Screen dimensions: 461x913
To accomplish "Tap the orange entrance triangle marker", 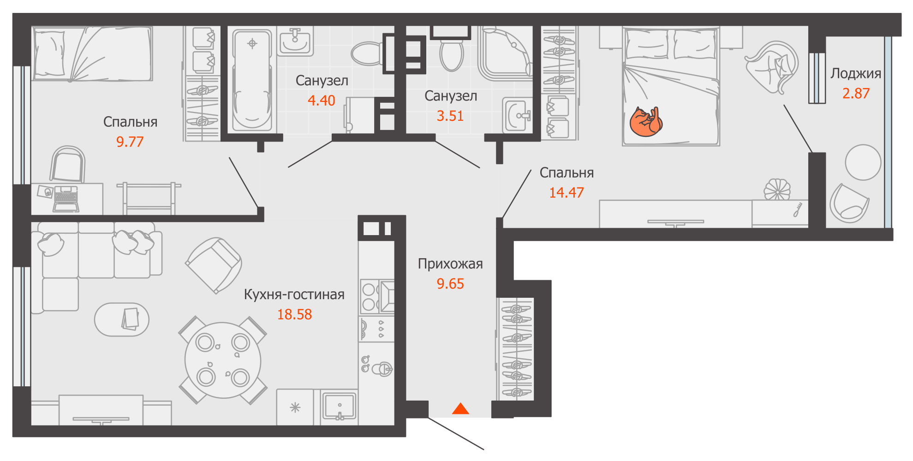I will [460, 409].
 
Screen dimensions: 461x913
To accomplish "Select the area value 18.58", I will [294, 314].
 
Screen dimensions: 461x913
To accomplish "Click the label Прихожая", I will [450, 264].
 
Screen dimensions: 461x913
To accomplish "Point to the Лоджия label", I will [855, 73].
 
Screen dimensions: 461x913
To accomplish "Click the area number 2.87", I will [855, 94].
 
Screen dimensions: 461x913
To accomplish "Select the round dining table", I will [222, 360].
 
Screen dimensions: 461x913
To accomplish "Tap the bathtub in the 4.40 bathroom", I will [251, 81].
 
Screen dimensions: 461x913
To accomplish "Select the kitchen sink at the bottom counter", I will [339, 406].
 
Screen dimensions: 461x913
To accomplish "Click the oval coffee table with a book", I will [121, 319].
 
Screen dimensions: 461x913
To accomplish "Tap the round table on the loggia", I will [863, 162].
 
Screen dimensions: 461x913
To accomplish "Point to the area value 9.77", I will [130, 142].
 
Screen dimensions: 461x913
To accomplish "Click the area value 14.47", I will [566, 193].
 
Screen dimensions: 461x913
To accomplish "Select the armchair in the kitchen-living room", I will [214, 265].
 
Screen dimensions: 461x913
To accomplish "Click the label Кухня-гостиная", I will [294, 295].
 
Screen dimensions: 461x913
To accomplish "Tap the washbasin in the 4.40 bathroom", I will [295, 41].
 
